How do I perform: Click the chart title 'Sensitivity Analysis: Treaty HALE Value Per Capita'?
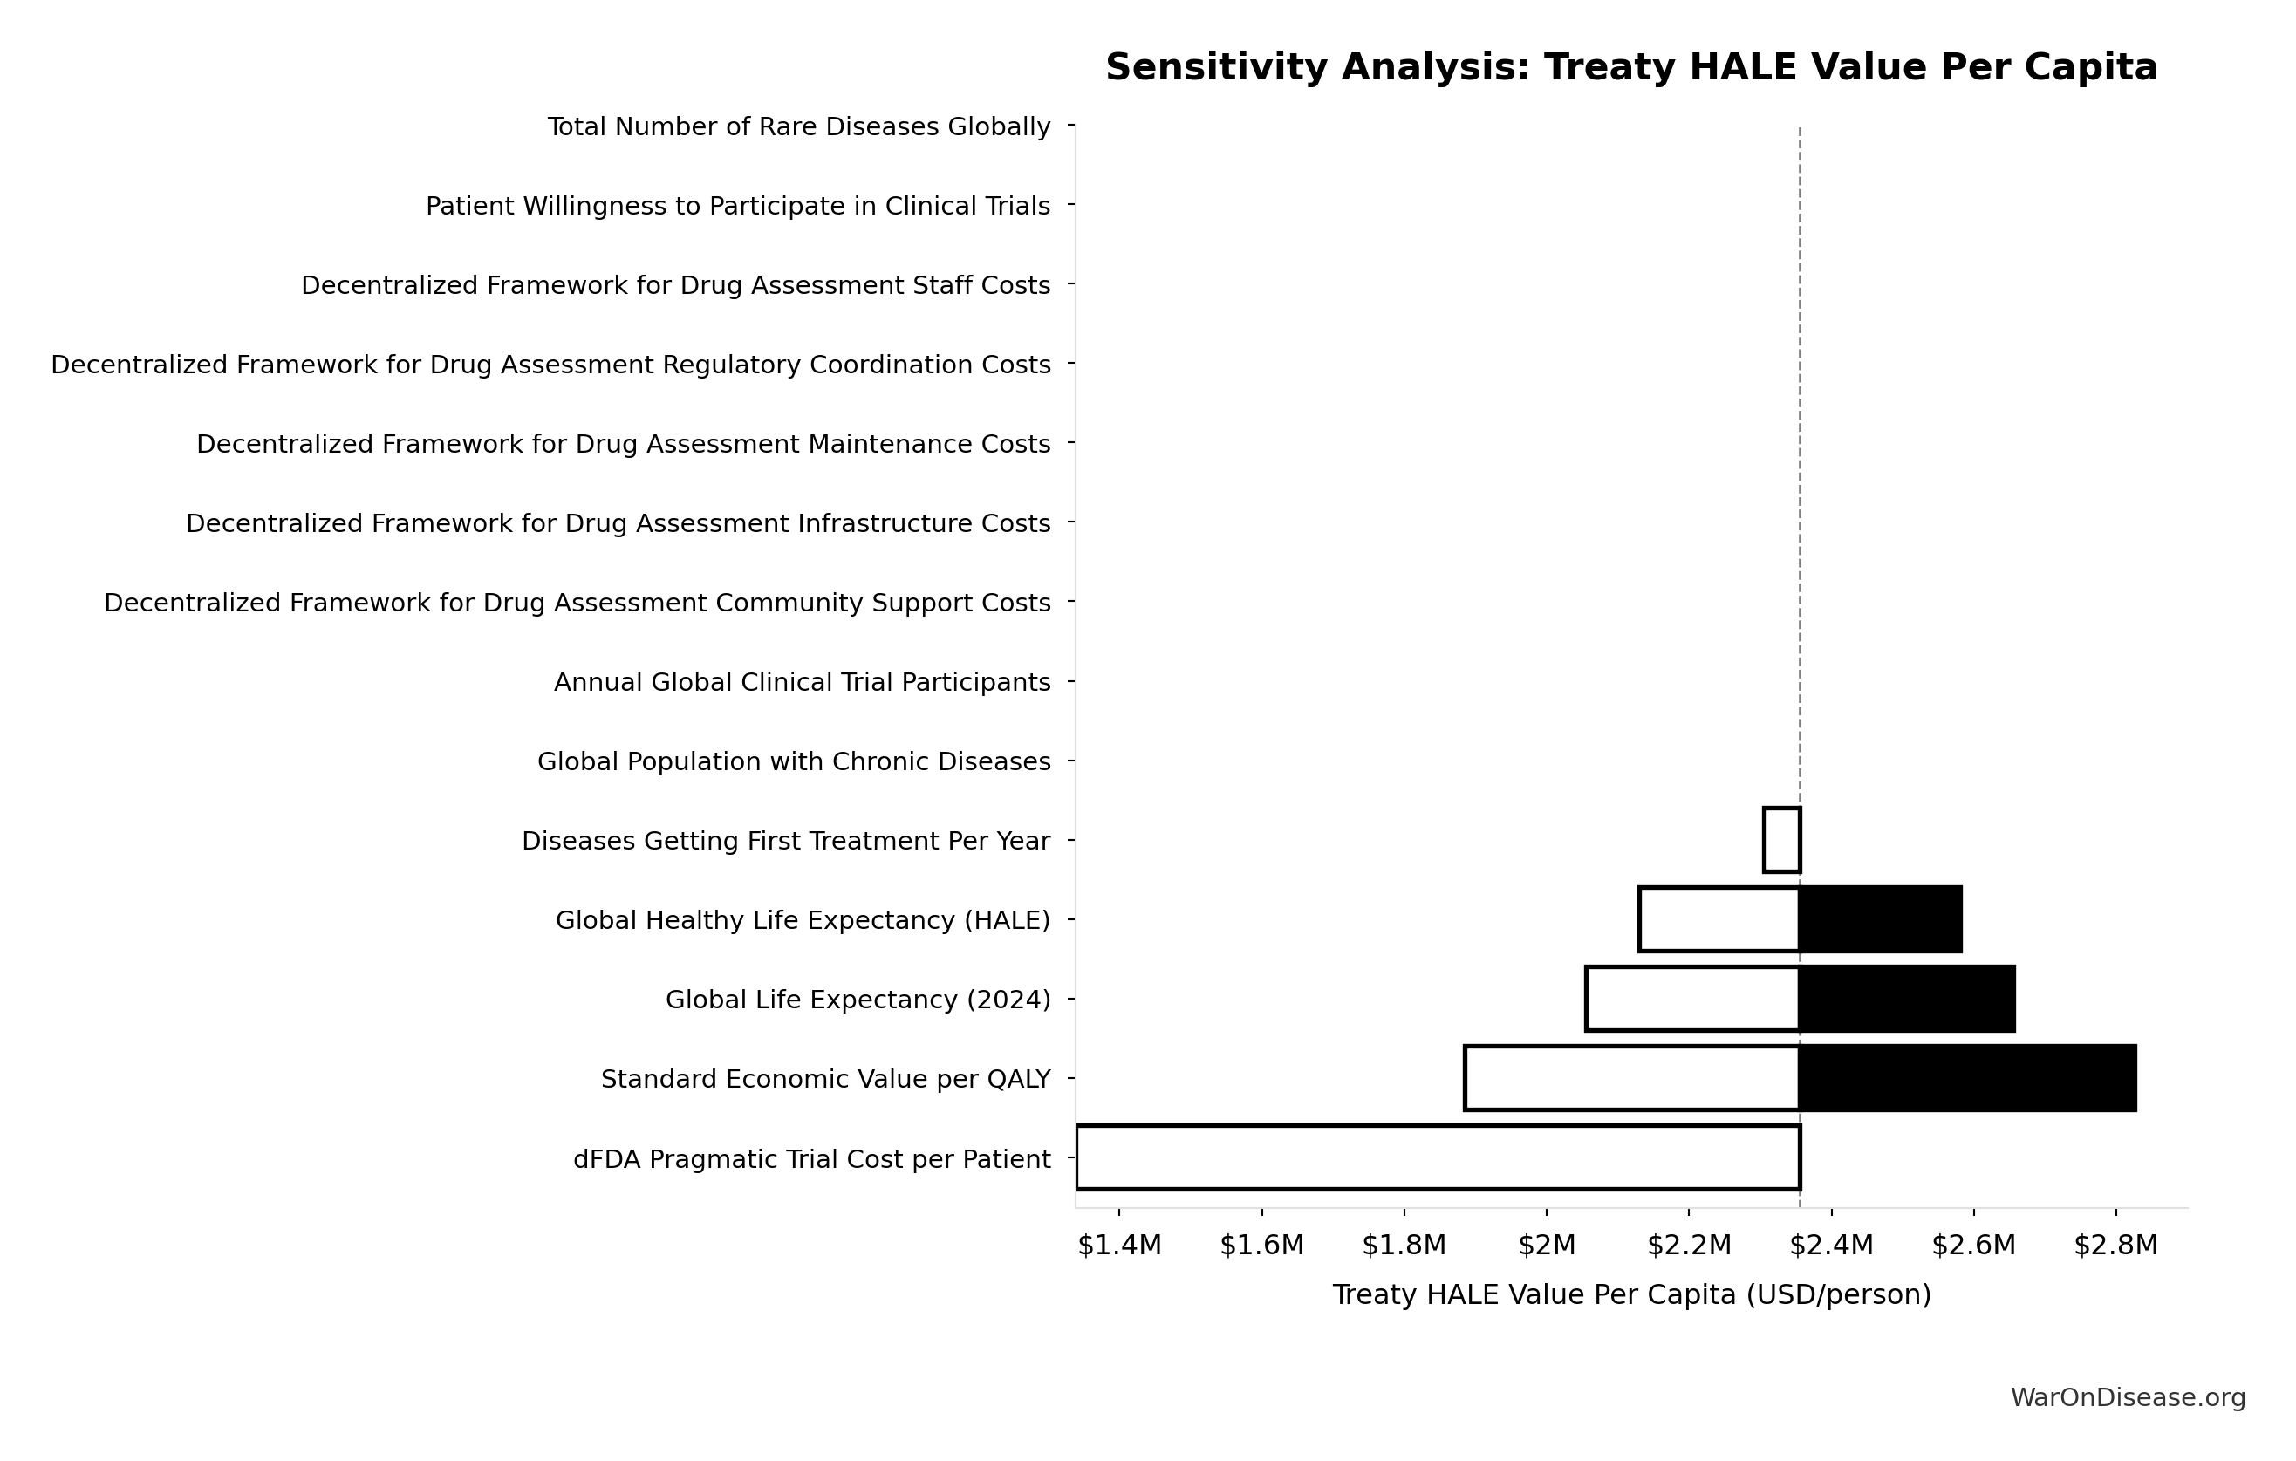coord(1630,68)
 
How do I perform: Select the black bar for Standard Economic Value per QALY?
coord(1967,1079)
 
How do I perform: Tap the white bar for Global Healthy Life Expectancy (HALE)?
coord(1719,919)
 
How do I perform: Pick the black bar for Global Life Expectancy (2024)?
coord(1907,999)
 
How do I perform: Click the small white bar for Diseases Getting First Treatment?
coord(1781,840)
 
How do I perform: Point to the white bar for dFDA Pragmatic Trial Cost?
coord(1438,1157)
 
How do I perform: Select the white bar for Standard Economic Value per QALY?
coord(1631,1079)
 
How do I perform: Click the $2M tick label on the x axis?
coord(1547,1246)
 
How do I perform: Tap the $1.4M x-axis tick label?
coord(1119,1246)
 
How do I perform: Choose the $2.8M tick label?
coord(2115,1246)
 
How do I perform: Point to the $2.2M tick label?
coord(1689,1246)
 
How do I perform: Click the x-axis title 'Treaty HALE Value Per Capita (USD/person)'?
coord(1631,1295)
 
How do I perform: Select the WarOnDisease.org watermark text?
coord(2129,1398)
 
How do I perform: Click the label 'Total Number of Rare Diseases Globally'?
coord(799,126)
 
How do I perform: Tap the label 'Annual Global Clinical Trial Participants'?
coord(802,683)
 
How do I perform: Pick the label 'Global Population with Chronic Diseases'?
coord(793,762)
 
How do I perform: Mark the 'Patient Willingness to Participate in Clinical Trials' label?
coord(738,206)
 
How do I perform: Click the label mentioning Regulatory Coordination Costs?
coord(551,365)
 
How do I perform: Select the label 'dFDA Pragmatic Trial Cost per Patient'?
coord(811,1160)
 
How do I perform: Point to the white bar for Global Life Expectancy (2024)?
coord(1691,999)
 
